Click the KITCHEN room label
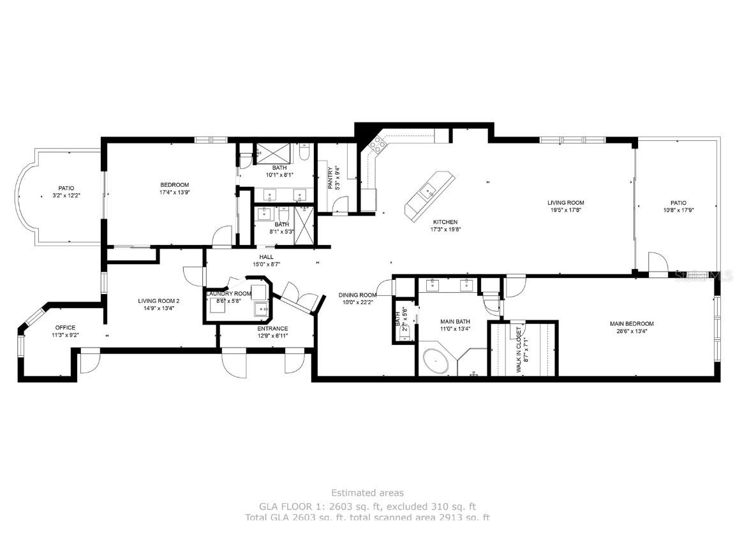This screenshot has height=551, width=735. pos(444,222)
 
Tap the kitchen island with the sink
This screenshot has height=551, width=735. pos(429,193)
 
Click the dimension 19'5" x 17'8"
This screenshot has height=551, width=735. pos(566,209)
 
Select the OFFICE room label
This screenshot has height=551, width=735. pos(64,327)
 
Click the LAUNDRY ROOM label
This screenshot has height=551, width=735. pos(228,293)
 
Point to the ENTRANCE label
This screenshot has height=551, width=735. pos(272,328)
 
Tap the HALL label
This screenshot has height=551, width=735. pos(266,257)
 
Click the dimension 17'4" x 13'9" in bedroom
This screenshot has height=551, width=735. pos(174,192)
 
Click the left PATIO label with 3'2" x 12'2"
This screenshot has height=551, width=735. pos(66,188)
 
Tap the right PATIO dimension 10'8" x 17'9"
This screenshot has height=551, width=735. pos(678,209)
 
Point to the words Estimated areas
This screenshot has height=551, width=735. pos(367,492)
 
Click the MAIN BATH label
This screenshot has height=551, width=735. pos(455,321)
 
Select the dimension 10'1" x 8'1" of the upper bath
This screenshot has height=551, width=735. pos(278,175)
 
